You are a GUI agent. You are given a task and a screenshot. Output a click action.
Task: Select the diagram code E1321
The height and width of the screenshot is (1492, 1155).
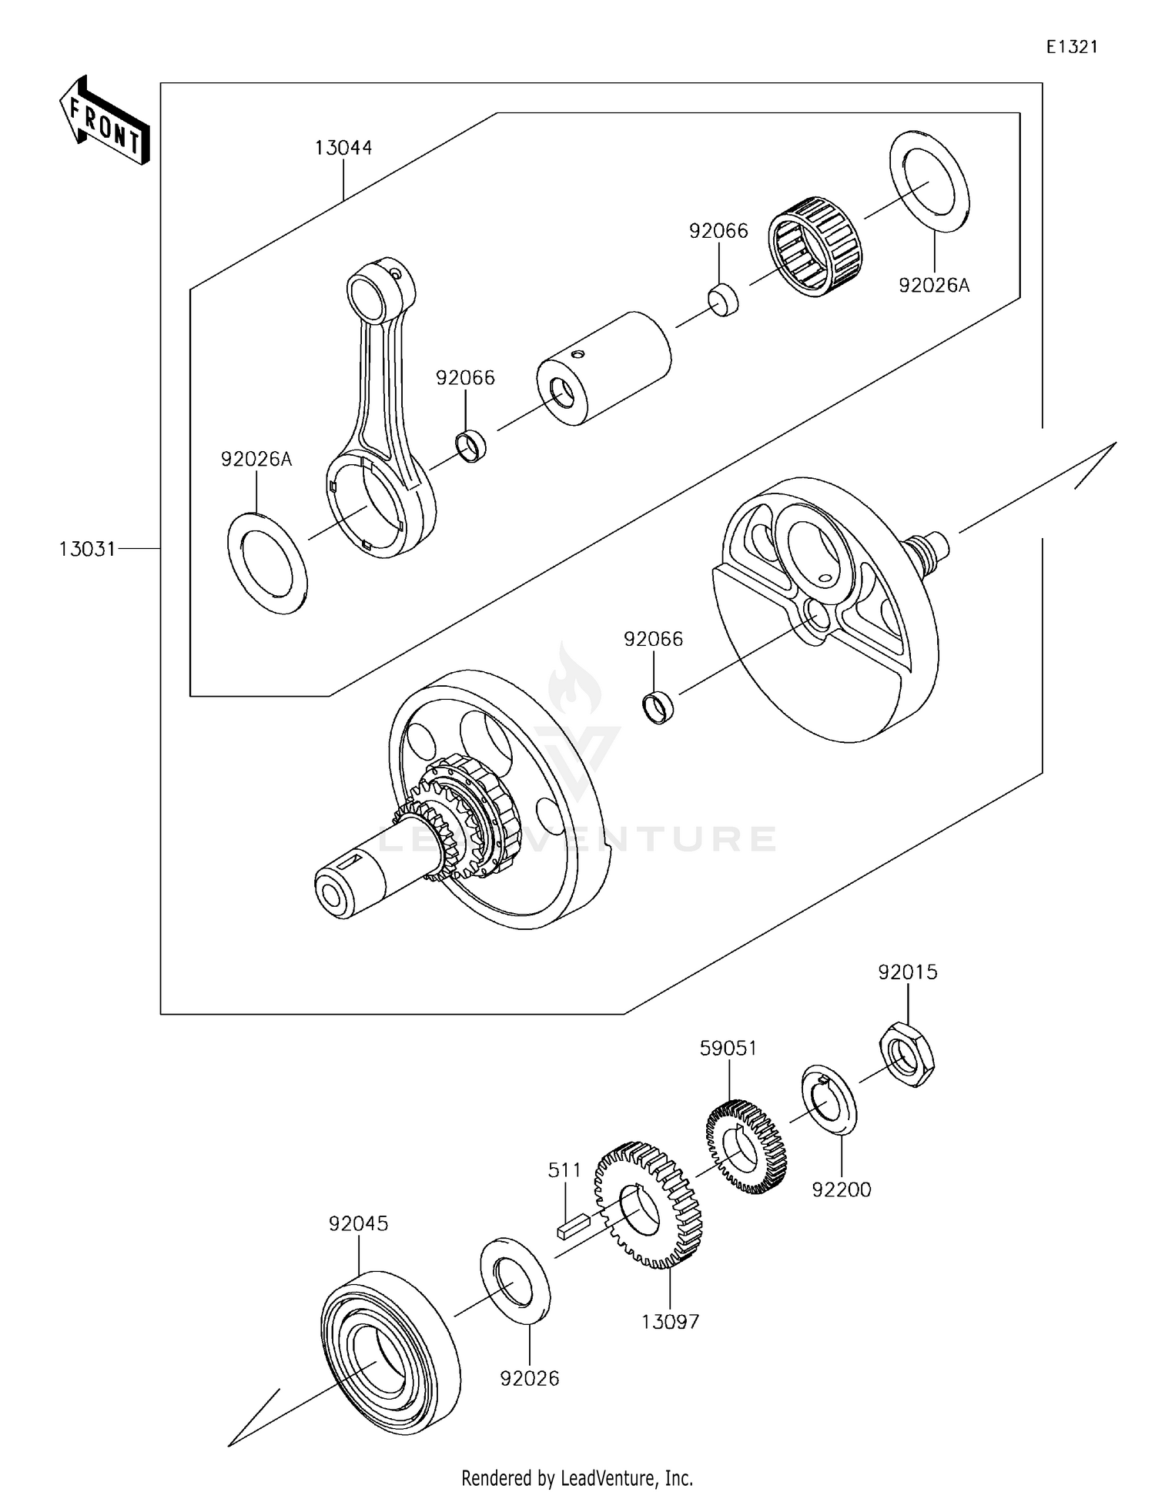[x=1071, y=47]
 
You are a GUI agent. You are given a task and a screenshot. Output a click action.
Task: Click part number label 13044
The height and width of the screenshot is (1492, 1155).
[x=343, y=148]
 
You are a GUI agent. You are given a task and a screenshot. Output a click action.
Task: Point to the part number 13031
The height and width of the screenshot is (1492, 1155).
[x=87, y=549]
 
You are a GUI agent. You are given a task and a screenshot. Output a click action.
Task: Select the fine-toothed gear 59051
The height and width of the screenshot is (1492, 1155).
[x=746, y=1146]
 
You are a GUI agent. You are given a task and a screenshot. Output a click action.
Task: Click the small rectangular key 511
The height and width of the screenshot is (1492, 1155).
[x=573, y=1225]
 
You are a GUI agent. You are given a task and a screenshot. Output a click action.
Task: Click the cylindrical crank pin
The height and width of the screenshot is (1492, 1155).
[x=604, y=367]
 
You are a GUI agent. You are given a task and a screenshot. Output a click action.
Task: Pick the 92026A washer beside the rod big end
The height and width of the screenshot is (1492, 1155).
[x=267, y=563]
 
